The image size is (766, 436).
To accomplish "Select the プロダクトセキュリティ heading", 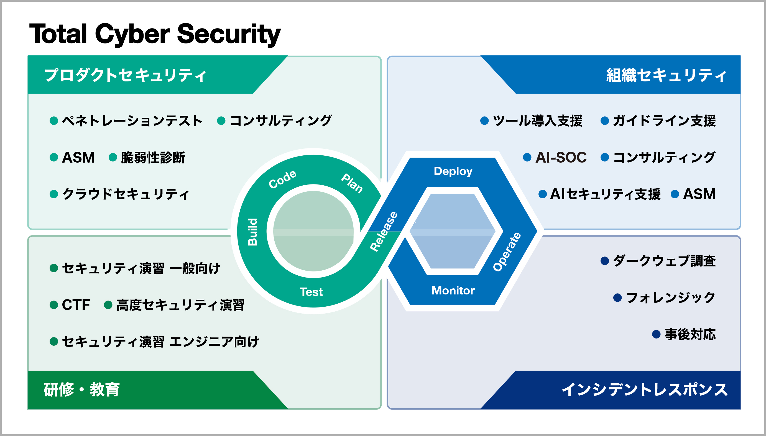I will [x=125, y=75].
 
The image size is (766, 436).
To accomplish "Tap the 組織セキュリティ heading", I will [x=666, y=75].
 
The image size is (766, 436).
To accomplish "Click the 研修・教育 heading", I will [x=81, y=389].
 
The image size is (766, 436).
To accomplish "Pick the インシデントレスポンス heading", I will [x=644, y=389].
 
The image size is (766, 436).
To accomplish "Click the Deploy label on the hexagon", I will [x=453, y=171].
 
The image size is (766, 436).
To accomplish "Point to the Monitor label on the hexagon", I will [x=453, y=291].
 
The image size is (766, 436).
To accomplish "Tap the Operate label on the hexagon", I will [x=507, y=252].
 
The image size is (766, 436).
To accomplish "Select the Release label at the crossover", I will [x=384, y=232].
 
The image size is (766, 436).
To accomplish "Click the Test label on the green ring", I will [x=311, y=292].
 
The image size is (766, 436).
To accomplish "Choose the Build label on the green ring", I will [x=252, y=232].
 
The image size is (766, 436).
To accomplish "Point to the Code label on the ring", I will [x=282, y=179].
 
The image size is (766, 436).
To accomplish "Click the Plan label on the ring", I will [x=352, y=183].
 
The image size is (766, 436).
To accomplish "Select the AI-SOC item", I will [x=561, y=157].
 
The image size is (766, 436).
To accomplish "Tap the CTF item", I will [x=76, y=305].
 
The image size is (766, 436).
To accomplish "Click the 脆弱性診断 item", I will [x=153, y=157].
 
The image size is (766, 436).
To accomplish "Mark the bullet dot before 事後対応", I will [x=656, y=334].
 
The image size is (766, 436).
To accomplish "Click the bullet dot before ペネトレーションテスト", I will [x=53, y=121].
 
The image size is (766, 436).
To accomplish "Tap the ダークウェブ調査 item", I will [x=664, y=261].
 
